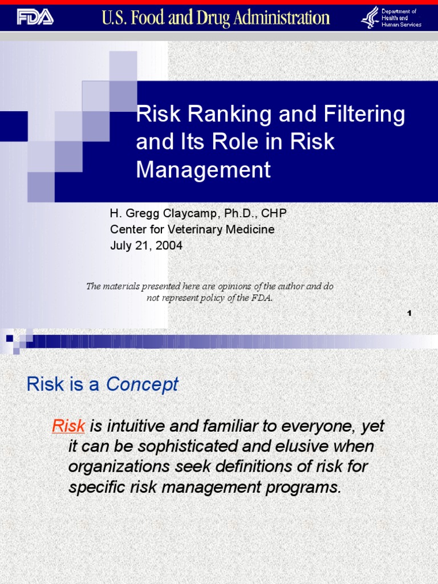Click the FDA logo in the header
35,17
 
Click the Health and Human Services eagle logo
370,17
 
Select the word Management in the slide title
203,170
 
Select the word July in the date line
121,246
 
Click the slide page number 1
409,313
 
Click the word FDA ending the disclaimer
263,298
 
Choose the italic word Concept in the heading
142,384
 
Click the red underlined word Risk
68,425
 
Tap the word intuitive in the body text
133,425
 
